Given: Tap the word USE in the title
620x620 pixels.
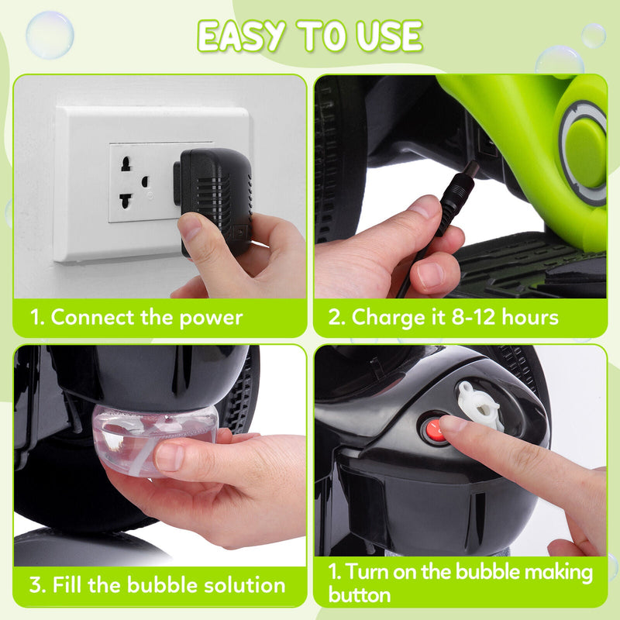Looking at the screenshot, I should tap(390, 36).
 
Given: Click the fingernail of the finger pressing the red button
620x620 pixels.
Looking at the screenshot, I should tap(452, 423).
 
